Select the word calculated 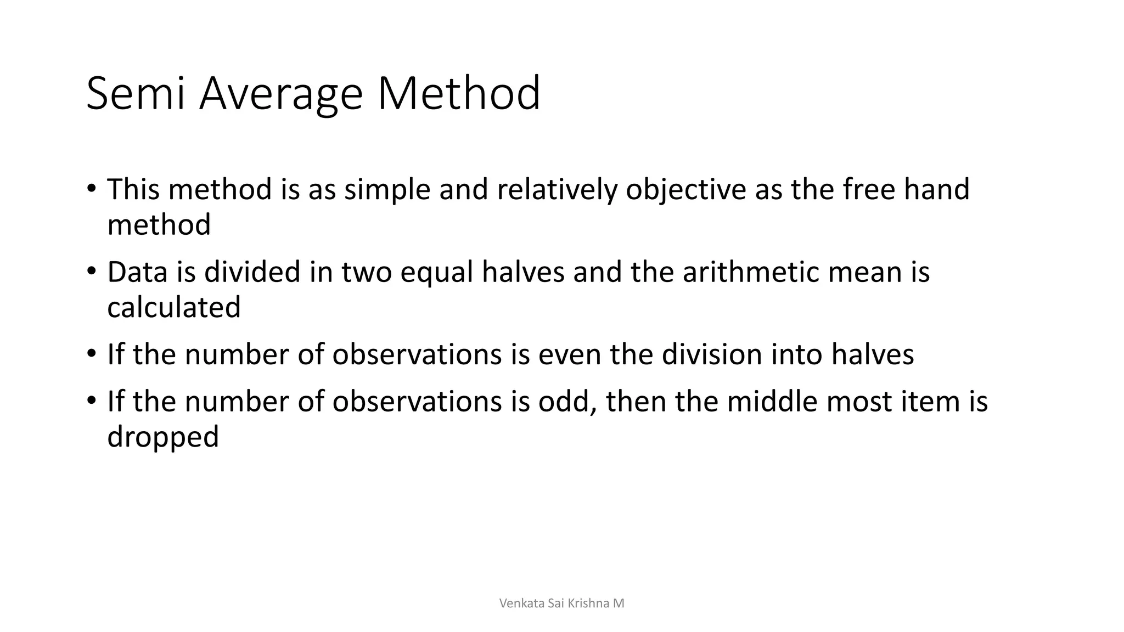pos(174,307)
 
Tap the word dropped pos(163,437)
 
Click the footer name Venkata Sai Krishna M pos(561,603)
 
